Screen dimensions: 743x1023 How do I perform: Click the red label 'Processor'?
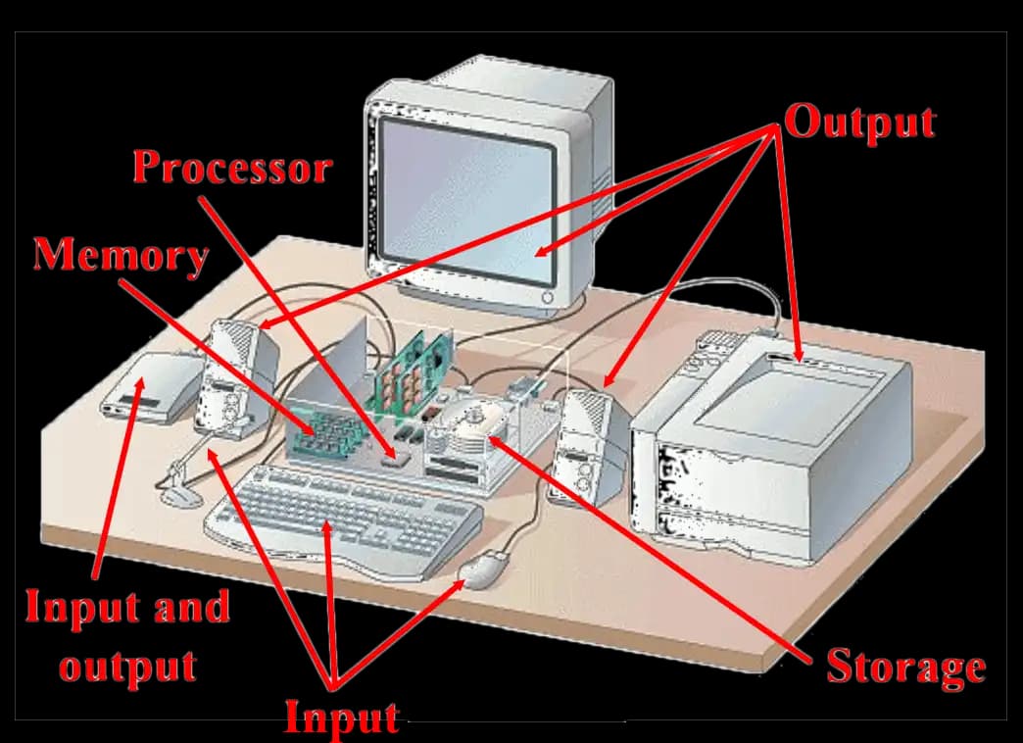pyautogui.click(x=232, y=168)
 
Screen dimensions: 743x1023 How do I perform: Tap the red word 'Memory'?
pyautogui.click(x=122, y=256)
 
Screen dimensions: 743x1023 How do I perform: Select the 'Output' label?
pyautogui.click(x=859, y=124)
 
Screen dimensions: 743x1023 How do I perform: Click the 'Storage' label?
pyautogui.click(x=904, y=667)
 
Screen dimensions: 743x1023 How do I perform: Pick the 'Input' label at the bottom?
pyautogui.click(x=341, y=718)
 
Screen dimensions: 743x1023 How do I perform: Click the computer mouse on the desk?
pyautogui.click(x=484, y=570)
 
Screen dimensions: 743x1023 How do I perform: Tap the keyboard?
pyautogui.click(x=343, y=518)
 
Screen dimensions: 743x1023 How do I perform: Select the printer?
pyautogui.click(x=774, y=446)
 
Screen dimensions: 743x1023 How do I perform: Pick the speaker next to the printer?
pyautogui.click(x=585, y=446)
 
